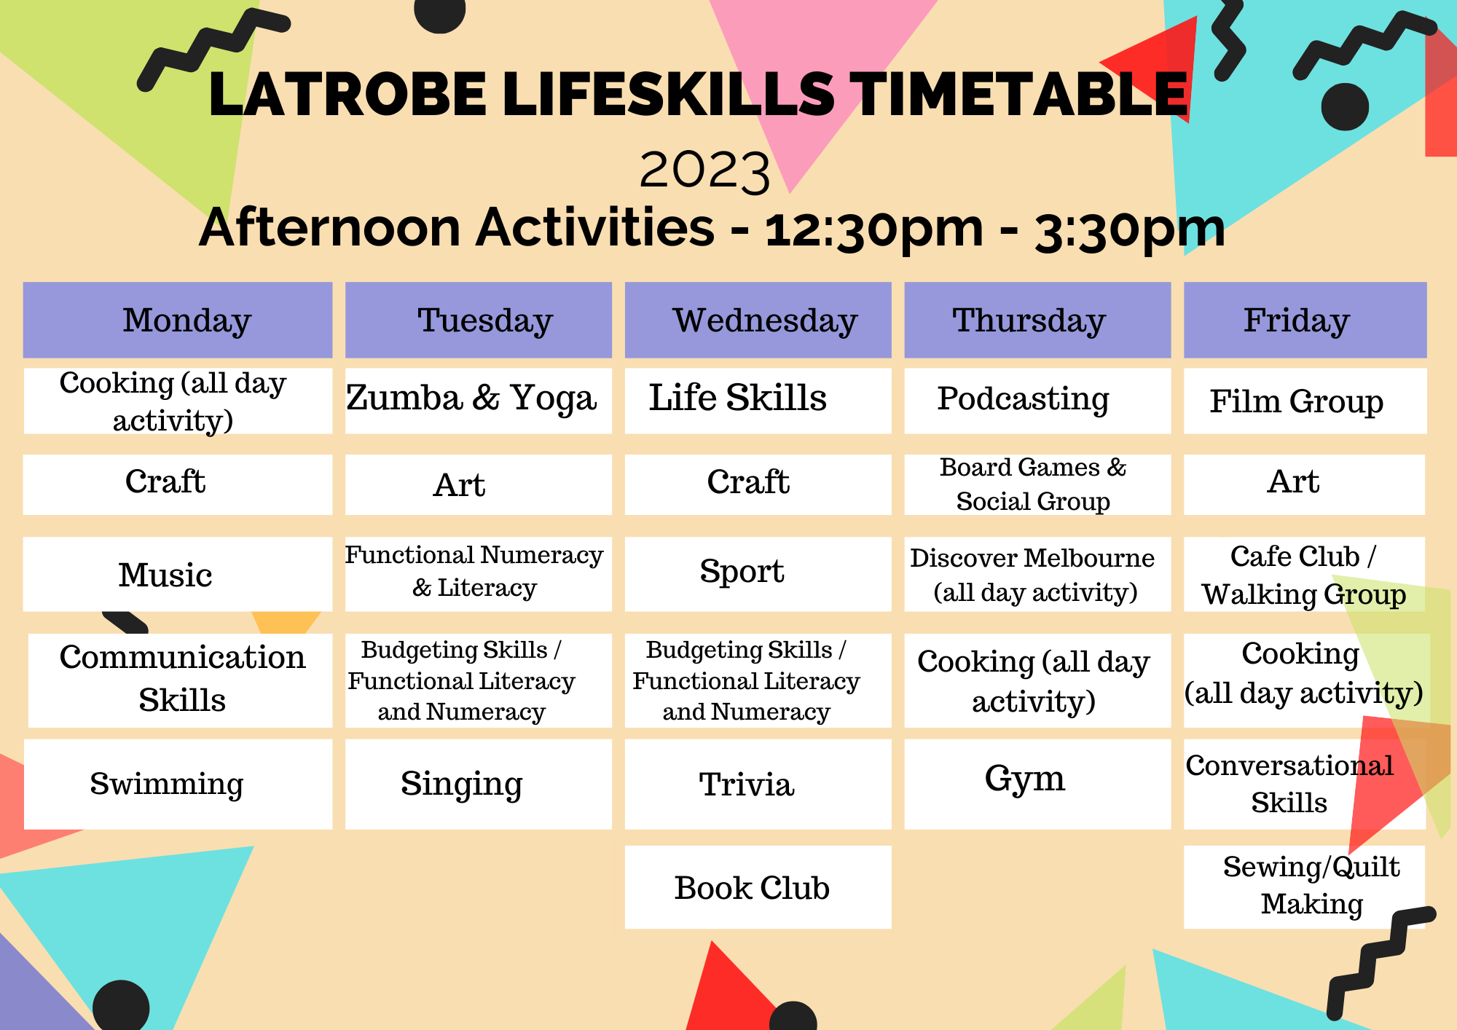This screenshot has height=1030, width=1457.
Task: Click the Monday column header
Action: click(x=178, y=321)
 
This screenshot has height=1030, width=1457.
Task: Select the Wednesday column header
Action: click(x=758, y=321)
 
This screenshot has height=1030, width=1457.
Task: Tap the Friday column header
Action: click(x=1304, y=321)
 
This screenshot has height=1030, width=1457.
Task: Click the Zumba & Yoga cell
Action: click(x=478, y=400)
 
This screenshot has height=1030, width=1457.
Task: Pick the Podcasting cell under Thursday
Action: click(x=1037, y=400)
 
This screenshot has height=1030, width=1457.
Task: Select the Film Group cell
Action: click(x=1304, y=401)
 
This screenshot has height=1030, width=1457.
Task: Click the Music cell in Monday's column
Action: click(x=178, y=575)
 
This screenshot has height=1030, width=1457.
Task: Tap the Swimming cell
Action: click(x=178, y=784)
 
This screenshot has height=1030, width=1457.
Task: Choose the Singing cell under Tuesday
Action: click(x=478, y=784)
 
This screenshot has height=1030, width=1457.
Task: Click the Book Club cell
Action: click(x=758, y=887)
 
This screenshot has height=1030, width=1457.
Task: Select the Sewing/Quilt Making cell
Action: click(x=1304, y=886)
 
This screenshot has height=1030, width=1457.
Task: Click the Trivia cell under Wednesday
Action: click(x=758, y=784)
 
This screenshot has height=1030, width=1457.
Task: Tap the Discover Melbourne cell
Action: click(x=1037, y=575)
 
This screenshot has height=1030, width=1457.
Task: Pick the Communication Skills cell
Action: click(x=181, y=679)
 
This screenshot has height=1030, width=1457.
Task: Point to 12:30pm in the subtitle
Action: click(x=874, y=229)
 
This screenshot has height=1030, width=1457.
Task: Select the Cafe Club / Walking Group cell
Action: click(x=1304, y=575)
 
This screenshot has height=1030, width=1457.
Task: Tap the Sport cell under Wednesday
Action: click(x=758, y=573)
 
